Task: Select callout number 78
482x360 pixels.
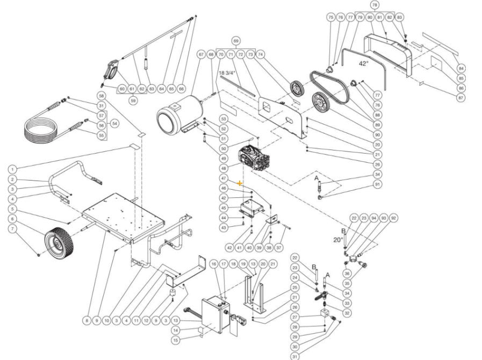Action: click(x=375, y=5)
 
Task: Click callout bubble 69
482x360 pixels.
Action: click(x=235, y=41)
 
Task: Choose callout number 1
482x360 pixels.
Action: click(x=12, y=169)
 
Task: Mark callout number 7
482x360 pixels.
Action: click(x=12, y=228)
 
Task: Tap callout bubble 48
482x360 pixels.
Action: click(x=224, y=168)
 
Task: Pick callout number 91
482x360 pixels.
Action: click(x=377, y=185)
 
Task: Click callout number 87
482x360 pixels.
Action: click(x=461, y=98)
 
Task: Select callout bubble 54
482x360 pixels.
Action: click(x=114, y=124)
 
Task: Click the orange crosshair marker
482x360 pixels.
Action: click(x=240, y=183)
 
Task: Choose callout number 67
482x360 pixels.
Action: click(x=201, y=54)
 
